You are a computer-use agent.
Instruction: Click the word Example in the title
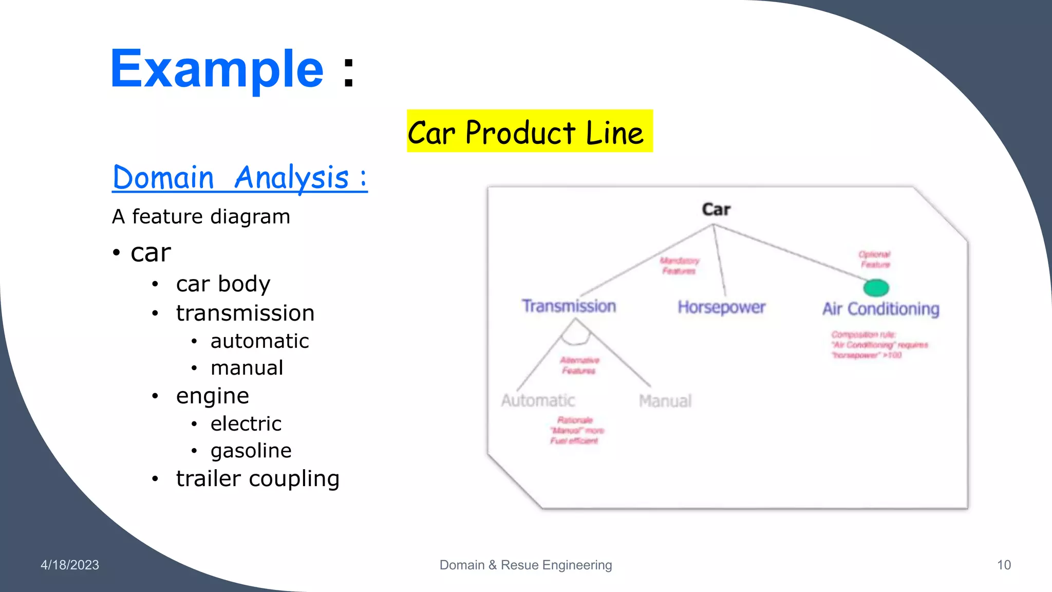click(217, 69)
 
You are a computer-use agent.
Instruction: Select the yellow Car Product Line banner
click(529, 131)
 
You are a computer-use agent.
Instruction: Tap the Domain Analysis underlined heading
click(239, 178)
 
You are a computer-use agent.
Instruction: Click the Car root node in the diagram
click(716, 209)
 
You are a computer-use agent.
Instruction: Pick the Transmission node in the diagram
click(569, 306)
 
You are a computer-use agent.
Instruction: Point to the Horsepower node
click(721, 307)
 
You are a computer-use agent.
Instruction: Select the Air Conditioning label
click(880, 308)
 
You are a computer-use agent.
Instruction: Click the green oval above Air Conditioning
click(876, 288)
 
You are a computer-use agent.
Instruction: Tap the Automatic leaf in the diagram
click(538, 400)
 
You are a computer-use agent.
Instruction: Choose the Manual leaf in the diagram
click(665, 401)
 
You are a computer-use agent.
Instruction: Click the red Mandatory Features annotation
click(679, 266)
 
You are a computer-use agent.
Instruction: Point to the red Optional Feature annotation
click(874, 260)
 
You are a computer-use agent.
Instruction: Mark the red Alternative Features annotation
click(579, 365)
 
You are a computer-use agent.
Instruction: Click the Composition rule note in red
click(878, 345)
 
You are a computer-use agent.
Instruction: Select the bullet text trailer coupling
click(257, 478)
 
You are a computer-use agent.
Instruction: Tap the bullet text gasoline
click(251, 451)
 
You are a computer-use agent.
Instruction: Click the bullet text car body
click(223, 284)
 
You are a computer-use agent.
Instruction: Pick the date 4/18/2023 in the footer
click(70, 565)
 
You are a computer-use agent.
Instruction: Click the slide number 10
click(1004, 565)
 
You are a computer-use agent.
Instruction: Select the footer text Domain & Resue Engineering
click(525, 565)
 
